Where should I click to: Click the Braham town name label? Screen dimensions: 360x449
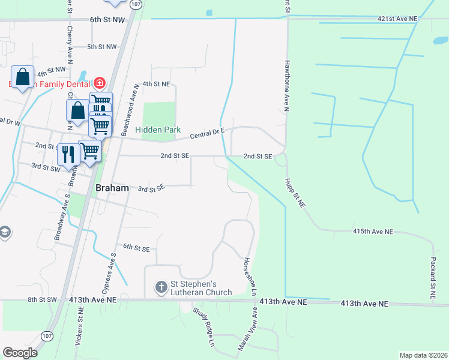(112, 188)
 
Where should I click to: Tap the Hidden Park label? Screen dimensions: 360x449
(158, 129)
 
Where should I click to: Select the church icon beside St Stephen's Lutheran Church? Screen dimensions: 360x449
(161, 287)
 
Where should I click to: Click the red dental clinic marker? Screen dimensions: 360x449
(99, 83)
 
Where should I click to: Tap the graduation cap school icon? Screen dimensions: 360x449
(4, 232)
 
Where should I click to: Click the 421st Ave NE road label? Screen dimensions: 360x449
(397, 19)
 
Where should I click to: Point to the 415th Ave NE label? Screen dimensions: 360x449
(373, 231)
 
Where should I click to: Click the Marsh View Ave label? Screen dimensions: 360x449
(247, 329)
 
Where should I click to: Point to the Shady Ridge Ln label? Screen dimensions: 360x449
(203, 328)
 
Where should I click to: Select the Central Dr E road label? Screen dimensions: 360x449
(207, 133)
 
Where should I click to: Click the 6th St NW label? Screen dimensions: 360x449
(107, 20)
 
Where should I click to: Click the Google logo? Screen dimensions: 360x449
(20, 352)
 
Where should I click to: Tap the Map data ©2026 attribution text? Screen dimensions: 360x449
(423, 355)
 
